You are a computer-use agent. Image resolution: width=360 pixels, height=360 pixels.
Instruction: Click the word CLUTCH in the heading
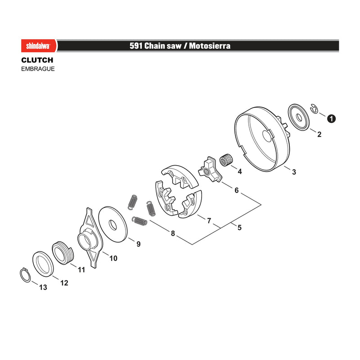(37, 60)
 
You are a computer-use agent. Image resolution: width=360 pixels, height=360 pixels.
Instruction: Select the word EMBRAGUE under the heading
(38, 69)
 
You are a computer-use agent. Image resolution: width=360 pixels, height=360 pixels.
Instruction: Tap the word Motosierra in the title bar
(210, 46)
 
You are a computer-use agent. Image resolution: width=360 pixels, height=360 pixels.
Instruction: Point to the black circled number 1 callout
(331, 119)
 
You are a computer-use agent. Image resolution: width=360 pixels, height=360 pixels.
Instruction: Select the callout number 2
(319, 134)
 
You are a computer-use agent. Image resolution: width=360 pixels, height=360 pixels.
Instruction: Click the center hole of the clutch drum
(267, 136)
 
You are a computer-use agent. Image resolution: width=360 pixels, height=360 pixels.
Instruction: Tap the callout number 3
(294, 172)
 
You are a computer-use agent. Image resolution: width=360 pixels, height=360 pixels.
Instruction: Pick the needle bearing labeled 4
(225, 160)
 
